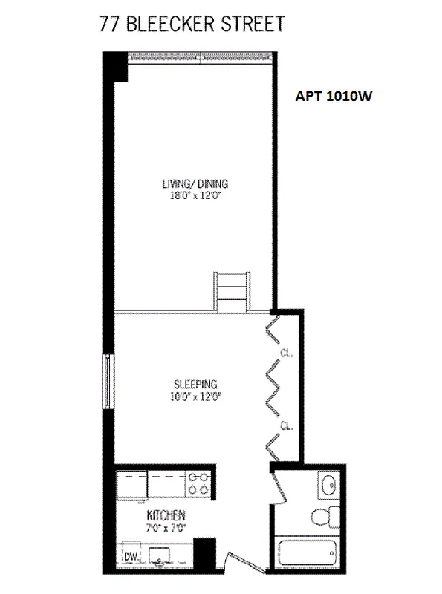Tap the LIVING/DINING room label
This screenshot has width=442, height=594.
195,185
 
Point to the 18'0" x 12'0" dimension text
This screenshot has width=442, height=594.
195,197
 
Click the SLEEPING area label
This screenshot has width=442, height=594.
195,384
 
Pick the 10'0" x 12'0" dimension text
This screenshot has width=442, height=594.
195,396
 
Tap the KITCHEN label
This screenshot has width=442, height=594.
165,515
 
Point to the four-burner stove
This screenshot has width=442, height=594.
198,484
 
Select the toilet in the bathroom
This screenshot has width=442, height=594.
322,517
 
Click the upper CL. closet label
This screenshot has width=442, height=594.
286,353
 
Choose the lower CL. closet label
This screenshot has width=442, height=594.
286,425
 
